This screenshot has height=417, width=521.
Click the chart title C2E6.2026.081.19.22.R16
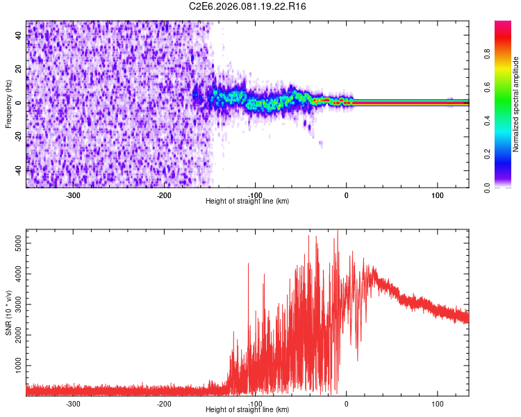point(248,6)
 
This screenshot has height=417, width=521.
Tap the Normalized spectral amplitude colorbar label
point(516,104)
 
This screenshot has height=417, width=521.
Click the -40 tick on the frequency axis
point(18,169)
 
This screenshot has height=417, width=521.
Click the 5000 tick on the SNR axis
point(15,244)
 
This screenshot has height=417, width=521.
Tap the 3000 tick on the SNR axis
point(15,305)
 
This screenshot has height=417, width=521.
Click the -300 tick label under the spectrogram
point(73,195)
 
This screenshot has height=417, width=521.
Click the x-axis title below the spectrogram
point(247,201)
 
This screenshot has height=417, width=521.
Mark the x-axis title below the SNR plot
point(247,409)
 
